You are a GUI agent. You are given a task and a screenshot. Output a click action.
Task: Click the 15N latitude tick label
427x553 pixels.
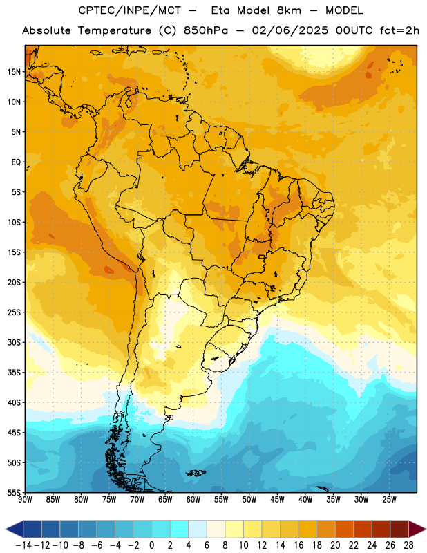tap(14, 72)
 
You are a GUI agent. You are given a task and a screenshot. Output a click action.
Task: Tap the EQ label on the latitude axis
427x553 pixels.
tap(16, 162)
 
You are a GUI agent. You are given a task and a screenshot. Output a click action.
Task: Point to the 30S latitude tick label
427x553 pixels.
tap(14, 342)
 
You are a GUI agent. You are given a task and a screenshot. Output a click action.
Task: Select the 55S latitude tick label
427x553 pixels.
tap(14, 492)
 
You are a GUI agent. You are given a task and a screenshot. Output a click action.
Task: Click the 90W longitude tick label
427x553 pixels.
tap(26, 500)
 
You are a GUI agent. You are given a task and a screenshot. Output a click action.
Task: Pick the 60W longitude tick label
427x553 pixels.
tap(193, 500)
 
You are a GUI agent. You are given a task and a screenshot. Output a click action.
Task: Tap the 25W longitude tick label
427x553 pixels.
tap(389, 500)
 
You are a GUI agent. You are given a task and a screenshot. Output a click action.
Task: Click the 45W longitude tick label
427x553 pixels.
tap(277, 500)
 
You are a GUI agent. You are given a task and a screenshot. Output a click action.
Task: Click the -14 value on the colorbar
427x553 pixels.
tap(23, 545)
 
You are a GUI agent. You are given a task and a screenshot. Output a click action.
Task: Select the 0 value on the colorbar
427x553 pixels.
tap(152, 545)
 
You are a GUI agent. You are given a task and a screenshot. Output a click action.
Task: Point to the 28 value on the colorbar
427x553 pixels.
tap(408, 545)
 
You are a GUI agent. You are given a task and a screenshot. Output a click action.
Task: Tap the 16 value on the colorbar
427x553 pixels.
tap(298, 545)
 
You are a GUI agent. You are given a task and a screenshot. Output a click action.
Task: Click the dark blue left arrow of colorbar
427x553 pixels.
tap(15, 529)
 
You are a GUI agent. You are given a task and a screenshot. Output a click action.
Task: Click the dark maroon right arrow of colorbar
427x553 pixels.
tap(417, 529)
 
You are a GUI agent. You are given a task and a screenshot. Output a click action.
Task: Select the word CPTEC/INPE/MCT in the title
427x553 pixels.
tap(129, 10)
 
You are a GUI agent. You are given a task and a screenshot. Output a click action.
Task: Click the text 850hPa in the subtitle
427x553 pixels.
tap(206, 30)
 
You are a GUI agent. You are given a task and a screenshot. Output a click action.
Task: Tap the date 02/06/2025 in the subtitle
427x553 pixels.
tap(290, 30)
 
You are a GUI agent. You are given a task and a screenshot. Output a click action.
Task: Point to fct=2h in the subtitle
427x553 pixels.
tap(399, 30)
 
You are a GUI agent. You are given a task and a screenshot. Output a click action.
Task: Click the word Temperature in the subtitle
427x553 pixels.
tap(114, 31)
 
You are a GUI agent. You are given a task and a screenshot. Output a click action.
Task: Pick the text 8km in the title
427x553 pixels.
tap(289, 10)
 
